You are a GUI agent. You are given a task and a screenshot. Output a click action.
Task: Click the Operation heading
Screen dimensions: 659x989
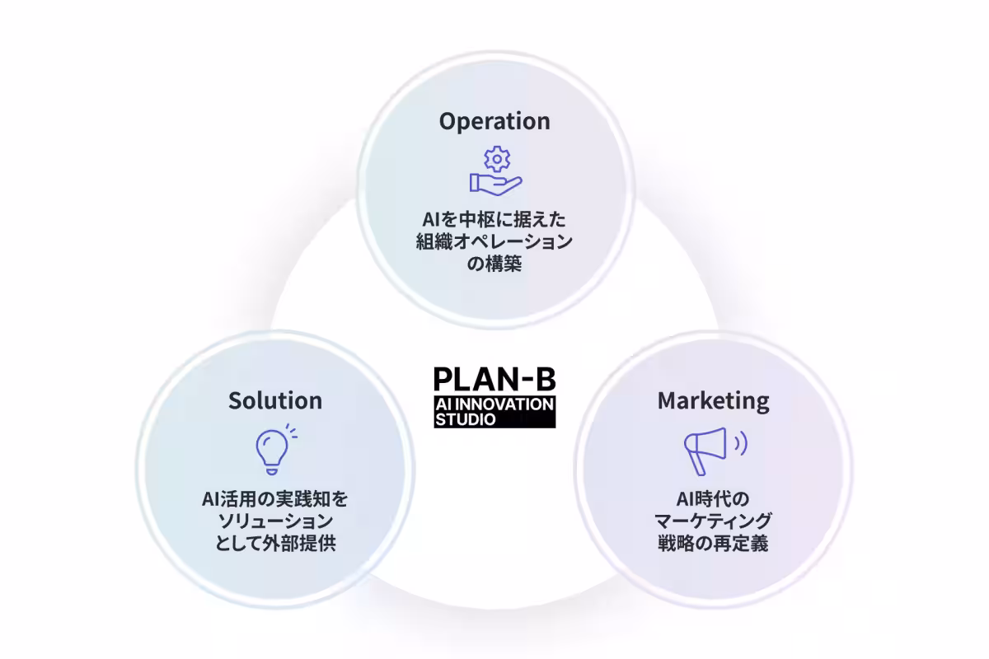click(x=494, y=121)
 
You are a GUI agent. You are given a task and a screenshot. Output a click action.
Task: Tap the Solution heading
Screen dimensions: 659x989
click(x=275, y=400)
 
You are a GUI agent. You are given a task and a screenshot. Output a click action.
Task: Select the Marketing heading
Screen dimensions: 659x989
click(x=713, y=400)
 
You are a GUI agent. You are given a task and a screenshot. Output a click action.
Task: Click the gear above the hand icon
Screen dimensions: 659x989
click(x=496, y=159)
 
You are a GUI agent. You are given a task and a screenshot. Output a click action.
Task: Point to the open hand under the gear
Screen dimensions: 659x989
click(x=494, y=182)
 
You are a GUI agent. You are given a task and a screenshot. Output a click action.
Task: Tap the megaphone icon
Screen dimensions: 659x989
click(x=705, y=450)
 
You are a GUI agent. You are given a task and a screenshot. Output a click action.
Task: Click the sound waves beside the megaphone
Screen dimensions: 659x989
click(x=741, y=444)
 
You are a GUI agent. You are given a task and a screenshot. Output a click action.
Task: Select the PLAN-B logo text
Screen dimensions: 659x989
click(x=494, y=378)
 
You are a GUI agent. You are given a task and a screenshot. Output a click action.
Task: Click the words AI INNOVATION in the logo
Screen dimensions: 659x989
click(x=494, y=404)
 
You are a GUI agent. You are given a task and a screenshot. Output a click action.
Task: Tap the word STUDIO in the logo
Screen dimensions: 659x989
click(x=466, y=419)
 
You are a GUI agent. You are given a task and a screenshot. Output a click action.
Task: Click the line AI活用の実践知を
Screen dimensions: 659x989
click(x=275, y=499)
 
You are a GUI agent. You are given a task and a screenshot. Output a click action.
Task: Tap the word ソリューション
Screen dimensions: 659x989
click(x=275, y=521)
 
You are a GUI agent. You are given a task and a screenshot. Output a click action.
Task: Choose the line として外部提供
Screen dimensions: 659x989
click(x=275, y=544)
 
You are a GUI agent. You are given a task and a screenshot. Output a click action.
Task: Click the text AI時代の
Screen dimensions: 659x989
click(x=713, y=499)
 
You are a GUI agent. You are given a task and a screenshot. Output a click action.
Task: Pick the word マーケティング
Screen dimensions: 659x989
click(x=713, y=521)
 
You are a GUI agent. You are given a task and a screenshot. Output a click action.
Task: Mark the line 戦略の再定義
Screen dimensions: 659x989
click(x=713, y=544)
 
